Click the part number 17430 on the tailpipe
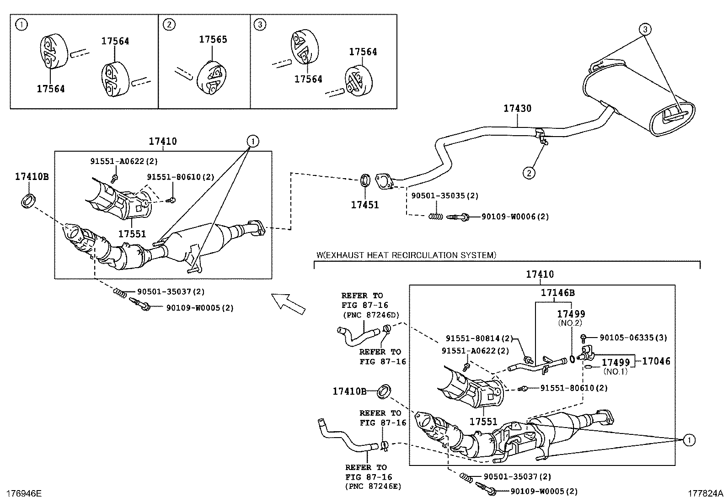[517, 109]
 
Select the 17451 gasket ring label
[364, 205]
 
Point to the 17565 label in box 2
[213, 40]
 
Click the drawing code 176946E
[23, 493]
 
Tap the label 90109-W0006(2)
[515, 217]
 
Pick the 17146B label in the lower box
[557, 293]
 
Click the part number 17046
[656, 361]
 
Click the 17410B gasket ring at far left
[28, 201]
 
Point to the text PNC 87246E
[373, 486]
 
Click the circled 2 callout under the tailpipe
[529, 173]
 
